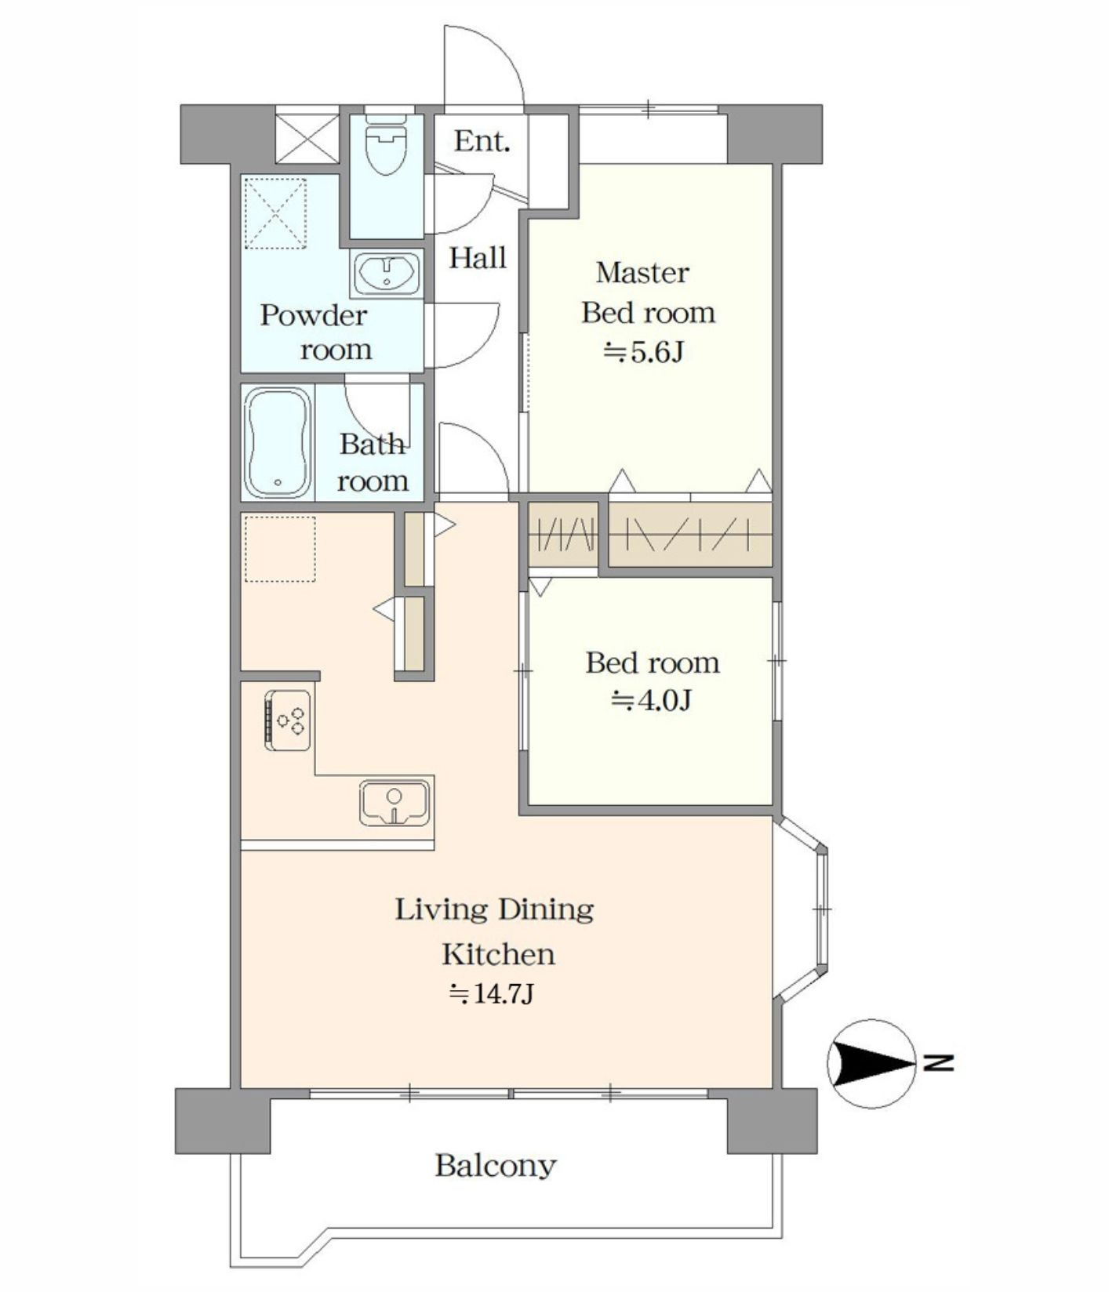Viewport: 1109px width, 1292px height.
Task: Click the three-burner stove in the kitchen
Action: pos(288,720)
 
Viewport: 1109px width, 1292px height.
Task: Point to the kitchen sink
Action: pos(395,803)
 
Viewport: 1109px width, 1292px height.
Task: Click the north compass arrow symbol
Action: pos(871,1064)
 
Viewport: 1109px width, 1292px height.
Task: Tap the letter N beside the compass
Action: pos(938,1063)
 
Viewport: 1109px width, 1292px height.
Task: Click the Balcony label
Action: pos(496,1166)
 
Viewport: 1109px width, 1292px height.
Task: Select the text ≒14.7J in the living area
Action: pos(492,994)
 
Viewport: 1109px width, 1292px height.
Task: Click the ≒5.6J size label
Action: pos(643,353)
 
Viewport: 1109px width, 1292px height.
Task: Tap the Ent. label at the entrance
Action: pos(482,142)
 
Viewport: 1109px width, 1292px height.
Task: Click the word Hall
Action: pos(478,257)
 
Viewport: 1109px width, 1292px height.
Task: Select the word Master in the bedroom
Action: pos(642,273)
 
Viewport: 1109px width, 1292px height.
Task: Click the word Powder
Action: pos(314,315)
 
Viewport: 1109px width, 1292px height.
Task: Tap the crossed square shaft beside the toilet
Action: pos(307,139)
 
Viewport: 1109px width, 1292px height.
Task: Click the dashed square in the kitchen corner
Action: pos(280,549)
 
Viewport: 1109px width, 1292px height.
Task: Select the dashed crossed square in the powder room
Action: pos(275,214)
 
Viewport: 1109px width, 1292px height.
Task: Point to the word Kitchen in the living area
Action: pos(499,954)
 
